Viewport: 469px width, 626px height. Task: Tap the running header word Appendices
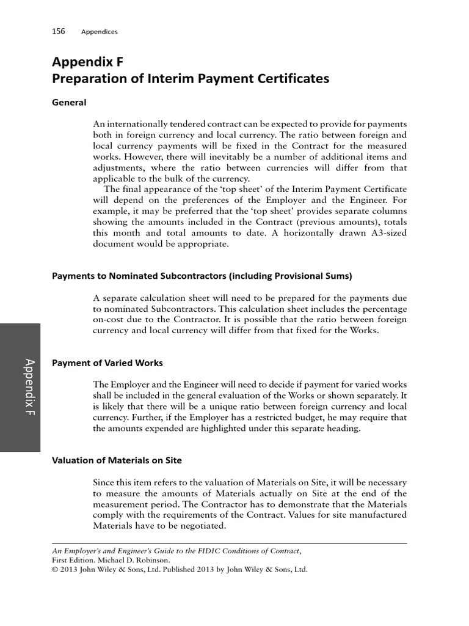click(100, 31)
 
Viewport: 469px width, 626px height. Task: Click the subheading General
click(69, 102)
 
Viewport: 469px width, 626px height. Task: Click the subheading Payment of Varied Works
click(107, 363)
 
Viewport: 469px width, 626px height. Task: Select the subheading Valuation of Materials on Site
click(117, 460)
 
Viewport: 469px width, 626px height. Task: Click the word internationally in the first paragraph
click(135, 123)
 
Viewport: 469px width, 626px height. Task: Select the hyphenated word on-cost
click(107, 320)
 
